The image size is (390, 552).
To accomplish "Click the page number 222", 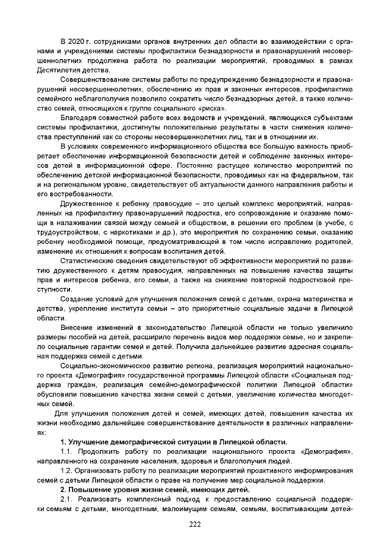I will pyautogui.click(x=194, y=525).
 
